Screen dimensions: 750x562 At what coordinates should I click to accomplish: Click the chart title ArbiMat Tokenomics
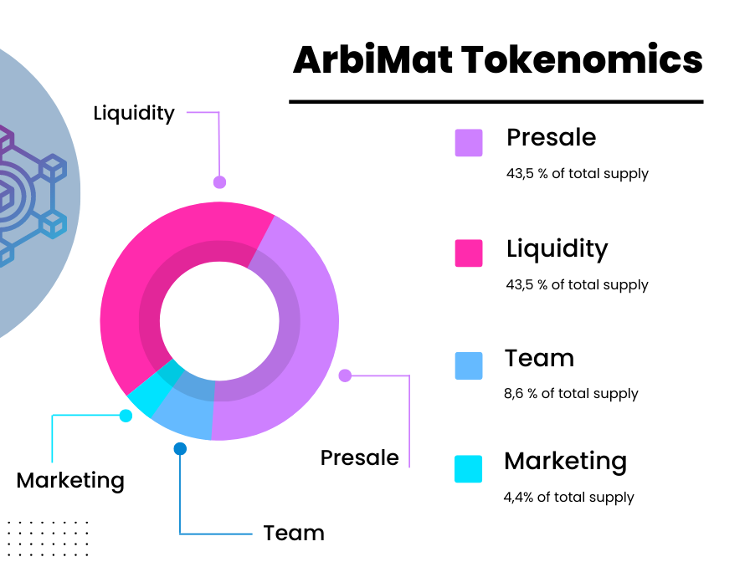click(498, 59)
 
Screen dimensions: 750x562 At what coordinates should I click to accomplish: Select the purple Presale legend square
click(469, 142)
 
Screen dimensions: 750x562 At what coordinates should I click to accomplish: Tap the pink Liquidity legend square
click(469, 253)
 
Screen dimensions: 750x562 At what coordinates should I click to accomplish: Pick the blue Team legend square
click(469, 365)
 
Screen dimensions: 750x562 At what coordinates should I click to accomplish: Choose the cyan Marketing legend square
click(468, 469)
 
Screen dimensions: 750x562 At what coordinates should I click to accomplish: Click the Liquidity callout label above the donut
click(134, 114)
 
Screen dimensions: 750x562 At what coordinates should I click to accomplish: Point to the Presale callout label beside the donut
click(360, 457)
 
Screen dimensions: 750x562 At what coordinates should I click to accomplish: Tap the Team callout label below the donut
click(294, 533)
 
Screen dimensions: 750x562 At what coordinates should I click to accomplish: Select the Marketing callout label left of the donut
click(70, 481)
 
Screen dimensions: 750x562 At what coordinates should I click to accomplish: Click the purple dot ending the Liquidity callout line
click(219, 182)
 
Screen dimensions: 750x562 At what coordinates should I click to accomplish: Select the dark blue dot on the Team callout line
click(180, 449)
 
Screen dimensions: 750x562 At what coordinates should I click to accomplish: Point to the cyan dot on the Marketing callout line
click(126, 416)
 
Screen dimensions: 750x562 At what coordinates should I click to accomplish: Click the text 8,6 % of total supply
click(571, 394)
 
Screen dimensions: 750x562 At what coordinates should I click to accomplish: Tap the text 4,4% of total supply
click(568, 498)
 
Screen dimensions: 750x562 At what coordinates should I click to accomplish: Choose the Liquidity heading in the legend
click(557, 249)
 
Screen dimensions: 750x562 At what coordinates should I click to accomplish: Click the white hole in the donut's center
click(219, 321)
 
